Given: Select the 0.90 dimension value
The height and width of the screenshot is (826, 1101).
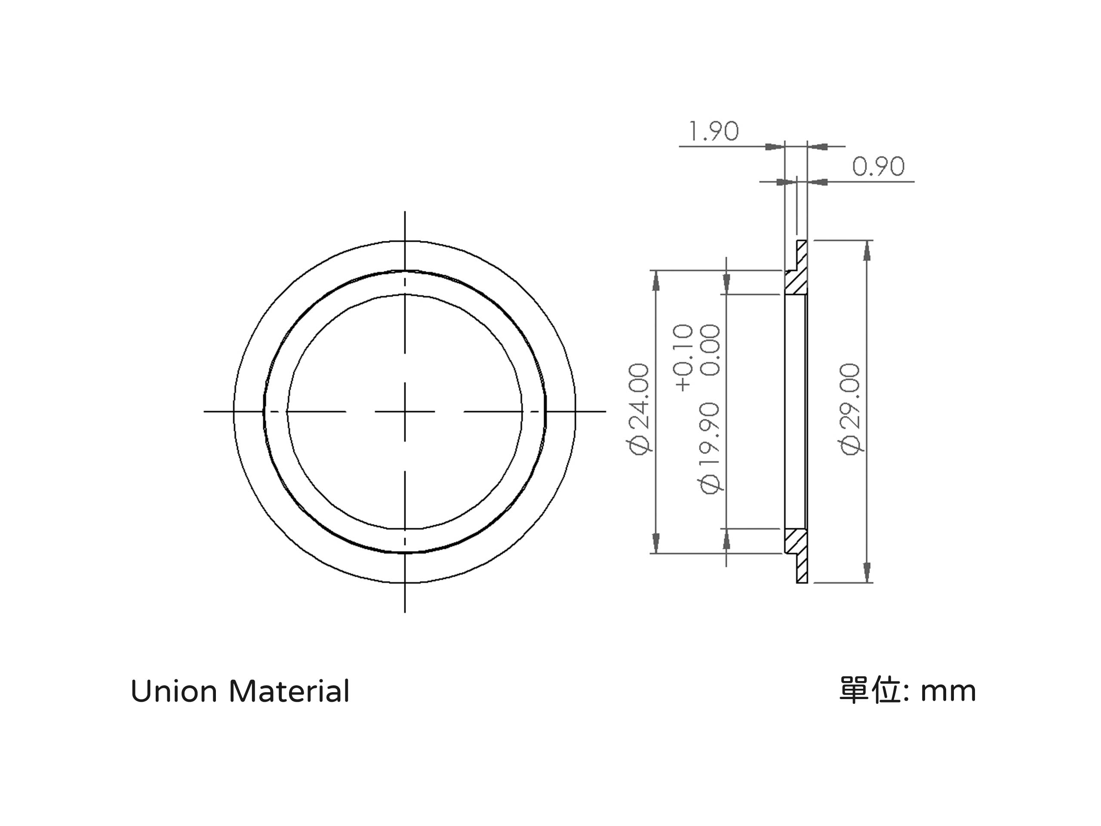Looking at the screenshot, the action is pos(879,166).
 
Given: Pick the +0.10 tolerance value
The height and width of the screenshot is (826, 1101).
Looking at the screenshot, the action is pos(683,358).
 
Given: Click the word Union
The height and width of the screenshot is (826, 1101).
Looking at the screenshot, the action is pos(174,692).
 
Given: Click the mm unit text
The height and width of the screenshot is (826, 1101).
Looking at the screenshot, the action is pos(948,693).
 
